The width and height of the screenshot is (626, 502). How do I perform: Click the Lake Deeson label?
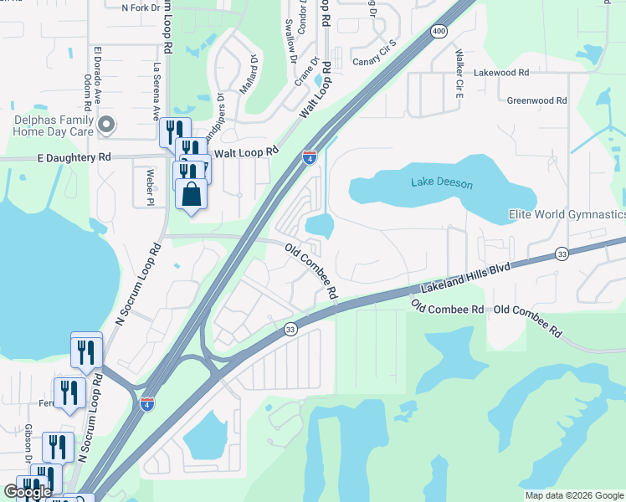[442, 183]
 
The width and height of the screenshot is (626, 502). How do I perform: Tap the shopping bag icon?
[192, 194]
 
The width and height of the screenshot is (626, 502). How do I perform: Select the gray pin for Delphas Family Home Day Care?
[105, 125]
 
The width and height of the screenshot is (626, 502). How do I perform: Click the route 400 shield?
[439, 31]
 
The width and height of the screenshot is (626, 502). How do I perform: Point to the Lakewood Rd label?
[501, 73]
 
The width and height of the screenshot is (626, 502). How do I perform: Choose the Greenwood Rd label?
[536, 100]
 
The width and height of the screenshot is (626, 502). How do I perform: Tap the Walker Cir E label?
[459, 73]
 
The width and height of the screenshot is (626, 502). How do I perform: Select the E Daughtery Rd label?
[74, 156]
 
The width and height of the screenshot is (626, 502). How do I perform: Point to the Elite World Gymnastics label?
[567, 215]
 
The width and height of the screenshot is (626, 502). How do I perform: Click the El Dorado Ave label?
[98, 74]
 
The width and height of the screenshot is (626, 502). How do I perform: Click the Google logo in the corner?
[28, 492]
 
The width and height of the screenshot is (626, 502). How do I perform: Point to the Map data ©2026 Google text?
[572, 495]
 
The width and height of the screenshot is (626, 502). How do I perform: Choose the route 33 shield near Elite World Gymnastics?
[561, 254]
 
